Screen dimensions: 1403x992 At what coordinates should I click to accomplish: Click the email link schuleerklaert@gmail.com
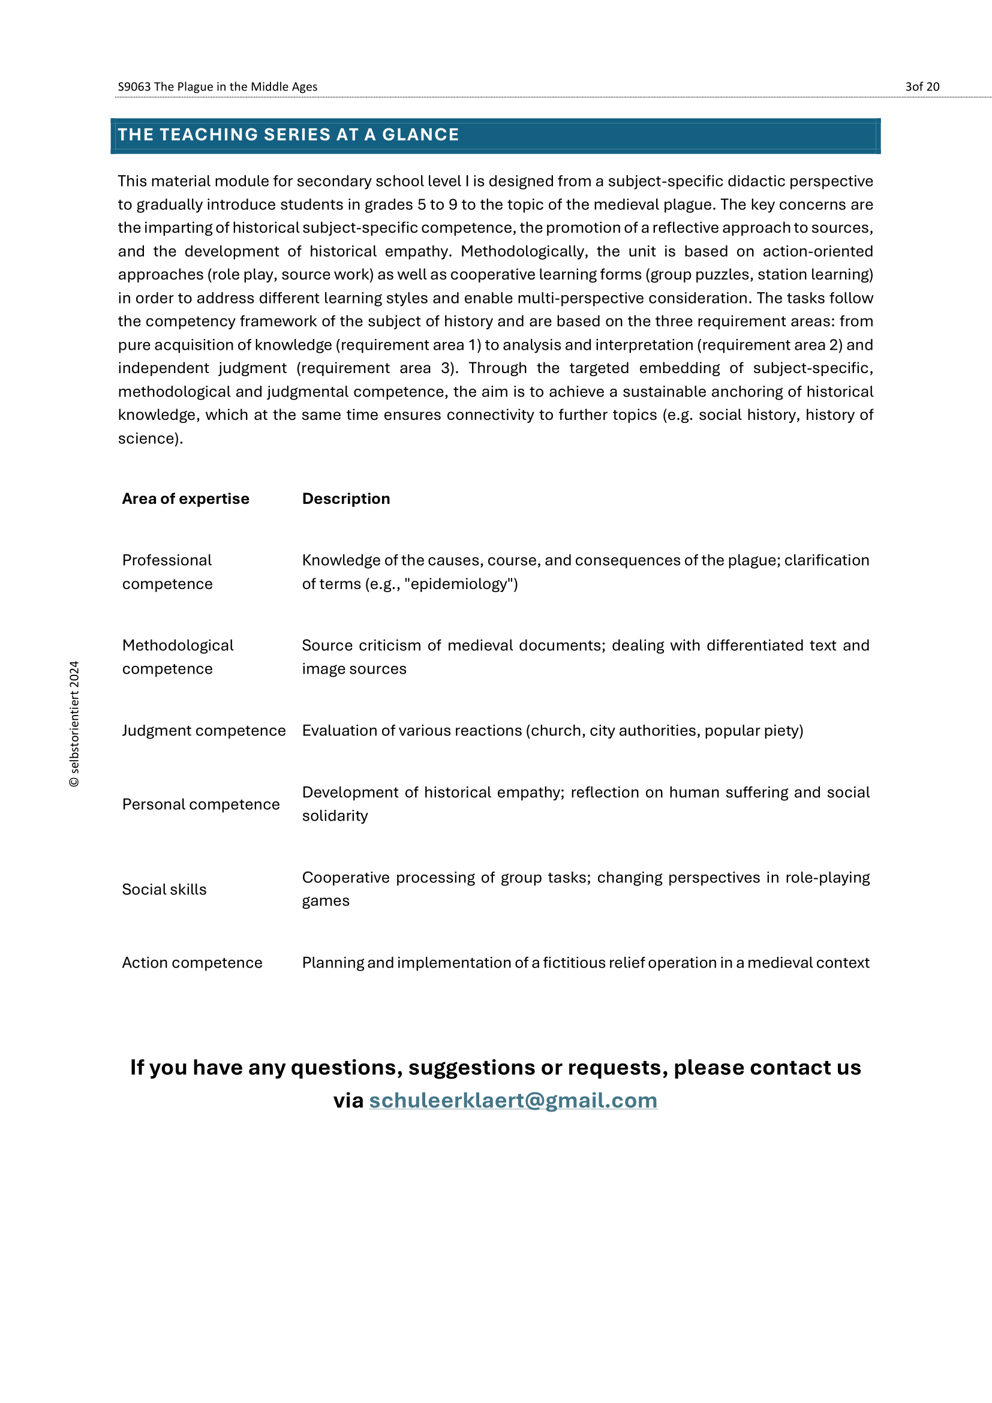[x=513, y=1101]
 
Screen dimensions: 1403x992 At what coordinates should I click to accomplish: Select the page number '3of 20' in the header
[x=922, y=87]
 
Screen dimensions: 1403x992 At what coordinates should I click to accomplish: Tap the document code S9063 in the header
[x=134, y=87]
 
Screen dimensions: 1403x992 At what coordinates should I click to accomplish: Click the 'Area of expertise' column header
[x=186, y=498]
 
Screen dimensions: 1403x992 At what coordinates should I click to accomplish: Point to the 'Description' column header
[x=345, y=498]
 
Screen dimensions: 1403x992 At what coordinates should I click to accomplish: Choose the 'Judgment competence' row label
[x=203, y=730]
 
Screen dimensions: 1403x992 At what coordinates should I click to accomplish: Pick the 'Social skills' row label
[x=164, y=889]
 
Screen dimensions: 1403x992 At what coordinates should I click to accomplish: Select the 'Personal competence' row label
[x=200, y=804]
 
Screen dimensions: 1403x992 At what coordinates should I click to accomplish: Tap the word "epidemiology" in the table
[x=461, y=584]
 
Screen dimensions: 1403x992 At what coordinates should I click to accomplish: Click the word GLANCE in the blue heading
[x=420, y=134]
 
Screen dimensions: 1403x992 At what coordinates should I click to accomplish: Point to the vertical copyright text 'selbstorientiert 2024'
[x=74, y=723]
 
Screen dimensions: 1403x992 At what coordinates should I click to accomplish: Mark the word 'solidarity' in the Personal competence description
[x=335, y=816]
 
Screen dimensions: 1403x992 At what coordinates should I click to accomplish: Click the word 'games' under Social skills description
[x=326, y=902]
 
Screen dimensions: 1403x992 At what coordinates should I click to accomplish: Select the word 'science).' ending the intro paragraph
[x=151, y=438]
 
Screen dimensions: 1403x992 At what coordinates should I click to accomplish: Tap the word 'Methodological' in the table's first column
[x=178, y=645]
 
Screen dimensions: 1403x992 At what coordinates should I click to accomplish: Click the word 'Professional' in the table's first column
[x=167, y=560]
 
